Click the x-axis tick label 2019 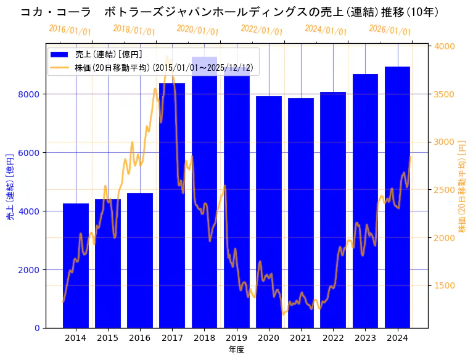[236, 338]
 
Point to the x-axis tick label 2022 [333, 338]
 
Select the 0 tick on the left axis [38, 328]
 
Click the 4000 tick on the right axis [445, 46]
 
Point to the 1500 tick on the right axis [445, 285]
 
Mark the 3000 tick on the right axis [445, 142]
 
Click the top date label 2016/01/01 [70, 30]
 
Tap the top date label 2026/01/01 [390, 30]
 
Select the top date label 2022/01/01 [261, 30]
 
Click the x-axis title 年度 [236, 350]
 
